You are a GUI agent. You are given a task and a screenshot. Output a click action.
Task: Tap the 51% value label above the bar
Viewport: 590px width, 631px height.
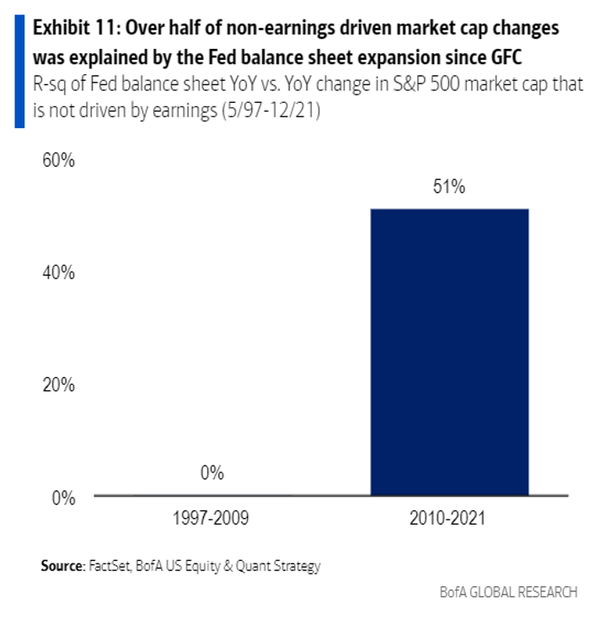tap(449, 187)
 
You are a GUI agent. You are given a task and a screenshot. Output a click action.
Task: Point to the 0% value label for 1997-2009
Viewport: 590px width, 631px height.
tap(212, 473)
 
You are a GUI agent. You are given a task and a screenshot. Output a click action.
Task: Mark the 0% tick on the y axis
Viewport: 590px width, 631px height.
tap(63, 498)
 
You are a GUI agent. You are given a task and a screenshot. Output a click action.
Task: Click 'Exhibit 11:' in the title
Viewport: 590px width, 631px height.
tap(74, 29)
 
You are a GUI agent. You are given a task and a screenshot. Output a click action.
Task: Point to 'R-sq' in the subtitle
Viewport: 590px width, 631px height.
tap(51, 86)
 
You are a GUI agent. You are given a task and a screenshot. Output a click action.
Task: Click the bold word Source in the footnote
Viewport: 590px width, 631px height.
tap(61, 566)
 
